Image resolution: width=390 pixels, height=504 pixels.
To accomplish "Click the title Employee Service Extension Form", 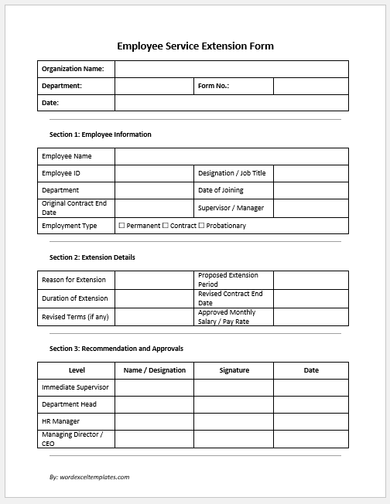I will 195,46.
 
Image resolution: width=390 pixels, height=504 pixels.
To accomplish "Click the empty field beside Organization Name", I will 231,70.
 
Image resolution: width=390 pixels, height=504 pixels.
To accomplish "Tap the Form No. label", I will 214,86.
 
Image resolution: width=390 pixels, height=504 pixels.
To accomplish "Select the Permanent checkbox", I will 121,226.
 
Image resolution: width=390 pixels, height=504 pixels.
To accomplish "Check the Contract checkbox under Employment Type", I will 166,226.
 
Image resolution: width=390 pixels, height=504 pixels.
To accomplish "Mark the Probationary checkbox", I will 201,226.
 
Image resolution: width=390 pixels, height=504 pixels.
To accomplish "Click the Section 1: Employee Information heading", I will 100,135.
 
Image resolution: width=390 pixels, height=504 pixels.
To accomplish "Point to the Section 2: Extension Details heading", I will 92,257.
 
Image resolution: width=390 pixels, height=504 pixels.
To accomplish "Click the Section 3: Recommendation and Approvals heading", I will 116,349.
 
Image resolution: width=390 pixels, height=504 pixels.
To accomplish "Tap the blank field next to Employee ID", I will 154,173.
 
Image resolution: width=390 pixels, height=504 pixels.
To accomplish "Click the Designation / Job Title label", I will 231,173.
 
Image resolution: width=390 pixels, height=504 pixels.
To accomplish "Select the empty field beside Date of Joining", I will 310,190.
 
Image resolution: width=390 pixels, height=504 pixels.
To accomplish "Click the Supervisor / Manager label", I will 231,208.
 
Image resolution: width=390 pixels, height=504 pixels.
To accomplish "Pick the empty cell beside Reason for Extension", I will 154,280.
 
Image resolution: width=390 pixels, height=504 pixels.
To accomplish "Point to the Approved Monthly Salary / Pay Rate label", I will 227,317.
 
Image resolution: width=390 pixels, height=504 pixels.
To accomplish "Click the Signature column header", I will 234,370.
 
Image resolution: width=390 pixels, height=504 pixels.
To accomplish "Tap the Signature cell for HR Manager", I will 234,421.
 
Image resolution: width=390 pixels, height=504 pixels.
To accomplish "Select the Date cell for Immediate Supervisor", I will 310,387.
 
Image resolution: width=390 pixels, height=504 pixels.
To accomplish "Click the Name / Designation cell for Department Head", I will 154,404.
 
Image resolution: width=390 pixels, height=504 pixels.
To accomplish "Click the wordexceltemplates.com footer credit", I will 89,477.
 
